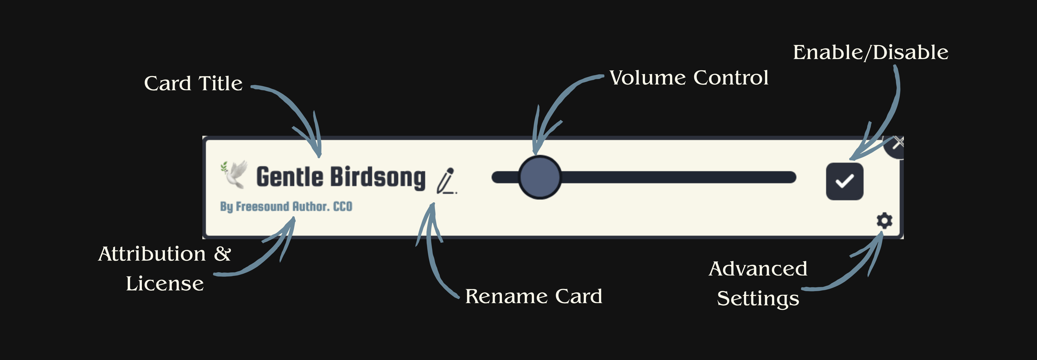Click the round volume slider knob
pyautogui.click(x=539, y=177)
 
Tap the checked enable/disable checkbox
pyautogui.click(x=844, y=181)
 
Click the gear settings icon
pyautogui.click(x=884, y=221)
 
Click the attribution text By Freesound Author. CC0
pyautogui.click(x=286, y=207)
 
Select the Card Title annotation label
pyautogui.click(x=193, y=84)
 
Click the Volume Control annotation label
pyautogui.click(x=689, y=78)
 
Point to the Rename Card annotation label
pyautogui.click(x=533, y=296)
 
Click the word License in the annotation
pyautogui.click(x=165, y=284)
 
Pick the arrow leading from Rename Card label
pyautogui.click(x=433, y=258)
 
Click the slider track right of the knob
pyautogui.click(x=676, y=177)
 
